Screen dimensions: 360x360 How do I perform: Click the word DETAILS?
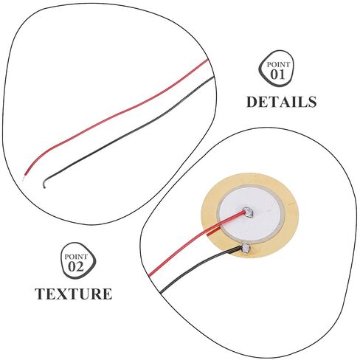click(x=281, y=102)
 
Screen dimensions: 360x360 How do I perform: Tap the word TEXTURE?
click(x=74, y=294)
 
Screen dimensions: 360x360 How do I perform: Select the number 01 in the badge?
click(x=277, y=75)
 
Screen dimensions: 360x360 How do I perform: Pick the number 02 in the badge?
click(x=76, y=266)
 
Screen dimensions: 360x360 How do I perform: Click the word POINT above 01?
click(x=278, y=65)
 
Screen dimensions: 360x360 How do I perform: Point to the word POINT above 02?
click(x=76, y=257)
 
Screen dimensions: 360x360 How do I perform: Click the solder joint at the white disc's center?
click(x=248, y=212)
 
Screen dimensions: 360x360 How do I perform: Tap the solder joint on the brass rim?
click(x=246, y=248)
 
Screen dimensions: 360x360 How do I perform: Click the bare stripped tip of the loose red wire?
click(x=24, y=178)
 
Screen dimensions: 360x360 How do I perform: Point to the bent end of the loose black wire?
click(x=44, y=184)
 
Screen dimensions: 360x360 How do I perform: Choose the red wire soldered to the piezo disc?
click(x=194, y=240)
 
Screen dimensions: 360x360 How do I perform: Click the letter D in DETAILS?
click(x=252, y=102)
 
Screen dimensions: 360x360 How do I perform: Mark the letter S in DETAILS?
click(x=312, y=102)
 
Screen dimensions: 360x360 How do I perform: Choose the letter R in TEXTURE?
click(x=95, y=294)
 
